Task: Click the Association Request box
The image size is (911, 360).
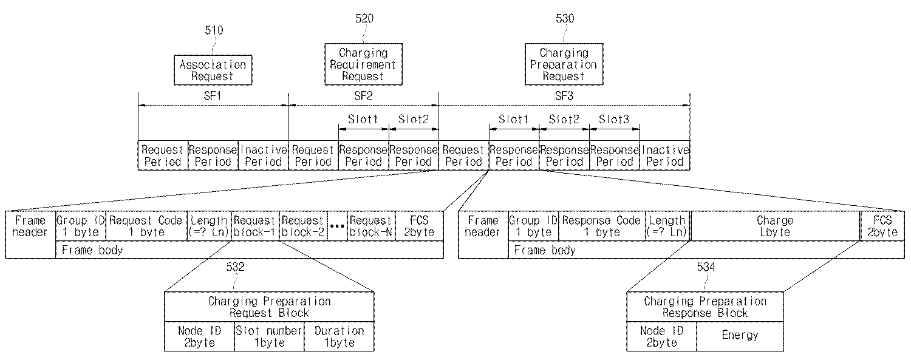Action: click(x=212, y=70)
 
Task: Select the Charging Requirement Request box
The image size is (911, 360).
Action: click(x=363, y=64)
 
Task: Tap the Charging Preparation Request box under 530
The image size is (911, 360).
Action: click(x=564, y=64)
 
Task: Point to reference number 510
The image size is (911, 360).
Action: click(x=214, y=30)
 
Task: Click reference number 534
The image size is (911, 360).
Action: click(x=706, y=282)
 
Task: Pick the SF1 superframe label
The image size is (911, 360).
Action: click(x=213, y=96)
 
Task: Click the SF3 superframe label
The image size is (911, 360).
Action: click(x=564, y=96)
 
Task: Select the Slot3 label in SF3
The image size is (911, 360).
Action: click(x=614, y=120)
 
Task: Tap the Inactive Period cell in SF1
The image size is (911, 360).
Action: click(x=262, y=155)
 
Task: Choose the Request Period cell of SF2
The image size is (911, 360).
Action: click(x=313, y=155)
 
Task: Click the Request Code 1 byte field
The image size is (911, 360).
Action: click(x=146, y=226)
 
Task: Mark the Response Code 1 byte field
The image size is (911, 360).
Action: click(x=601, y=226)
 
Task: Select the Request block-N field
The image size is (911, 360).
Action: click(x=371, y=226)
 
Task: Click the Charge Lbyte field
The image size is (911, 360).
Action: click(x=775, y=226)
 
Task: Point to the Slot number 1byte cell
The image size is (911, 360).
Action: click(x=268, y=336)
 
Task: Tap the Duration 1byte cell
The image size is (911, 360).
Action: click(x=339, y=336)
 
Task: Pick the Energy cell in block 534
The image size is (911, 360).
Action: click(x=740, y=336)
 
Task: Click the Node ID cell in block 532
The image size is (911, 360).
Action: click(x=199, y=336)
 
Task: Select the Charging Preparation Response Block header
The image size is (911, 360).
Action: click(x=705, y=307)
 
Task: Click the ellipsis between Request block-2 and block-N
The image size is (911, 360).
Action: click(x=337, y=226)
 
